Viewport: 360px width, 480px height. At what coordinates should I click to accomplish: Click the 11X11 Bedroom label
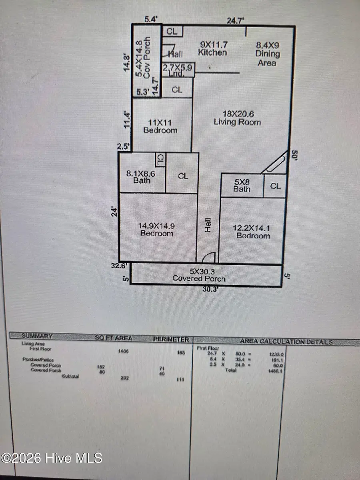(x=160, y=126)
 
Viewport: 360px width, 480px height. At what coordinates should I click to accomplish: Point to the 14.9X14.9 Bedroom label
(x=156, y=229)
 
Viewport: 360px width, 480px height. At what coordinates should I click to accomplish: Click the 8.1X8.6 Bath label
(x=142, y=177)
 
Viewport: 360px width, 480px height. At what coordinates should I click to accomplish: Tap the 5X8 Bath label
(x=242, y=185)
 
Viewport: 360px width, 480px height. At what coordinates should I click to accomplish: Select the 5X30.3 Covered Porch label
(x=198, y=275)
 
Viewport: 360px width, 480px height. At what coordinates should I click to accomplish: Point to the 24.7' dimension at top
(x=236, y=21)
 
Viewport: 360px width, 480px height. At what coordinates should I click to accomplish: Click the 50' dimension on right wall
(x=296, y=155)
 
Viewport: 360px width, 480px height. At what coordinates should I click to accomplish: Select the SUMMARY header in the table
(x=37, y=336)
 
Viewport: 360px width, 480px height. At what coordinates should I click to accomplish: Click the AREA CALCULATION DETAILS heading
(x=286, y=342)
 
